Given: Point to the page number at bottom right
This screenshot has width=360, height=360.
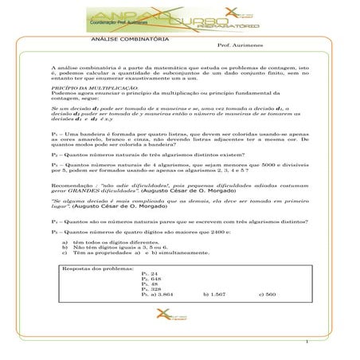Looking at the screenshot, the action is pyautogui.click(x=306, y=343).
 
